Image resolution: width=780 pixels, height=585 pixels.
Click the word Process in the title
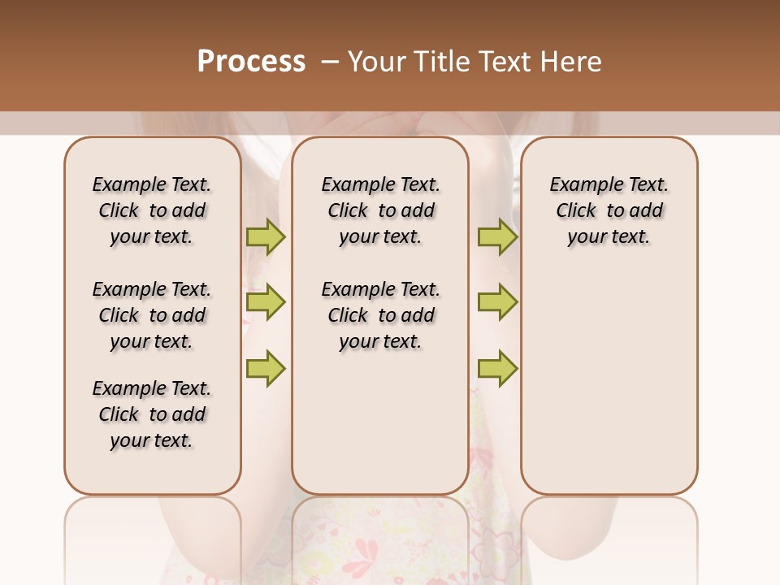click(251, 61)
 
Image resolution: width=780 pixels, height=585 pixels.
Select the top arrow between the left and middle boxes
click(266, 236)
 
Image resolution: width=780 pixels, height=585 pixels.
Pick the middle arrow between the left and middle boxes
click(266, 302)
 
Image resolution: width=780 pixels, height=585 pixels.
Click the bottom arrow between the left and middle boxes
click(266, 368)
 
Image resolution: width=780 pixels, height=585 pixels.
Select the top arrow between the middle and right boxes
click(497, 236)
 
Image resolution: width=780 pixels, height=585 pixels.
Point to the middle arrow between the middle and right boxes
click(497, 302)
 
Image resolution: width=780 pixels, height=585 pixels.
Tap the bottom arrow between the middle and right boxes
click(497, 368)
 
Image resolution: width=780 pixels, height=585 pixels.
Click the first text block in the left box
click(152, 210)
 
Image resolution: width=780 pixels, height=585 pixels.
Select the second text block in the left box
click(152, 315)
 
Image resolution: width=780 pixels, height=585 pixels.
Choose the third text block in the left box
click(152, 414)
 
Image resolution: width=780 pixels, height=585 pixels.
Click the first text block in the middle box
click(380, 210)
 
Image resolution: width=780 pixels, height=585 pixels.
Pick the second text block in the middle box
click(380, 315)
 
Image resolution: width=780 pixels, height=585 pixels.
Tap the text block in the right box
click(609, 210)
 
